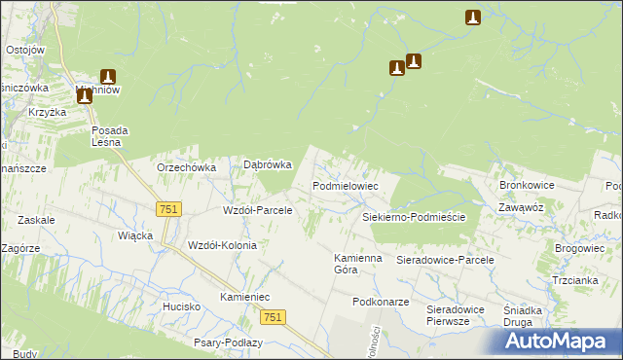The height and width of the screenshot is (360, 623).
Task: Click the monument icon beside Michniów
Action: pos(107,77)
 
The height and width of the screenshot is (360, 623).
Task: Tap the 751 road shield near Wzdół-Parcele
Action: pos(168,209)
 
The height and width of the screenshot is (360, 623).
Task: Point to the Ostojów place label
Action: pos(25,50)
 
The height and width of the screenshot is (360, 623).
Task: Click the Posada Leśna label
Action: pos(110,136)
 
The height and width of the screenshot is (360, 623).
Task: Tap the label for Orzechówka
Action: pos(186,167)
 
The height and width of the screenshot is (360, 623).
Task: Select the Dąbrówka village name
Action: pos(267,165)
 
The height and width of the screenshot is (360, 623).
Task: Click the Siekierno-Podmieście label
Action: pos(414,218)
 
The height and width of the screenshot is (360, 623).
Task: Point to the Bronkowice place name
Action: pos(526,184)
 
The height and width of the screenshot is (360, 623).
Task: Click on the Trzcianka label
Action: pos(574,280)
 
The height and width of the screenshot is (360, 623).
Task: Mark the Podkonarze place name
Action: pos(381,303)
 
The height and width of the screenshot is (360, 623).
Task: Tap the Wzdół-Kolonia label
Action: pos(222,245)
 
